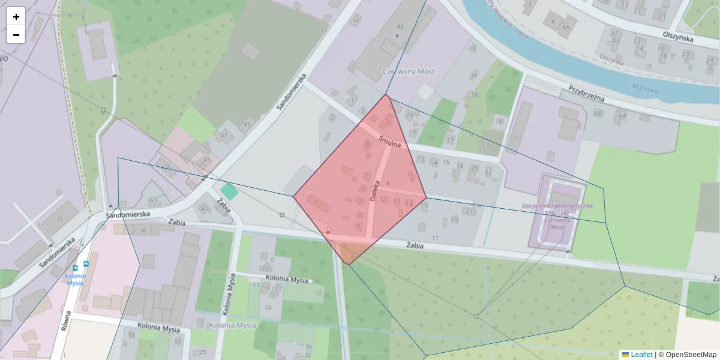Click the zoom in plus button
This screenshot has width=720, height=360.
tap(16, 17)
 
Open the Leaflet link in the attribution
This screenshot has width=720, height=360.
tap(641, 355)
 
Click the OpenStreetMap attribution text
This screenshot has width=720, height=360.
tap(687, 355)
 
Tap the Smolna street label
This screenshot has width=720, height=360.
tap(389, 143)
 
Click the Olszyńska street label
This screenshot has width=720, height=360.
tap(678, 37)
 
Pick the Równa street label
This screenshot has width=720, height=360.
tap(66, 321)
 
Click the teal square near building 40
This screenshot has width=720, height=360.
tap(229, 192)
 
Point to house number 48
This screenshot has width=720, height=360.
tap(400, 26)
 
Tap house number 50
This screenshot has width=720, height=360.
tap(356, 21)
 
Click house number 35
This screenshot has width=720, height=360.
tap(59, 218)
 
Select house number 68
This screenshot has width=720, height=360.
tap(598, 113)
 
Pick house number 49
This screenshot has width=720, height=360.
tap(247, 124)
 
